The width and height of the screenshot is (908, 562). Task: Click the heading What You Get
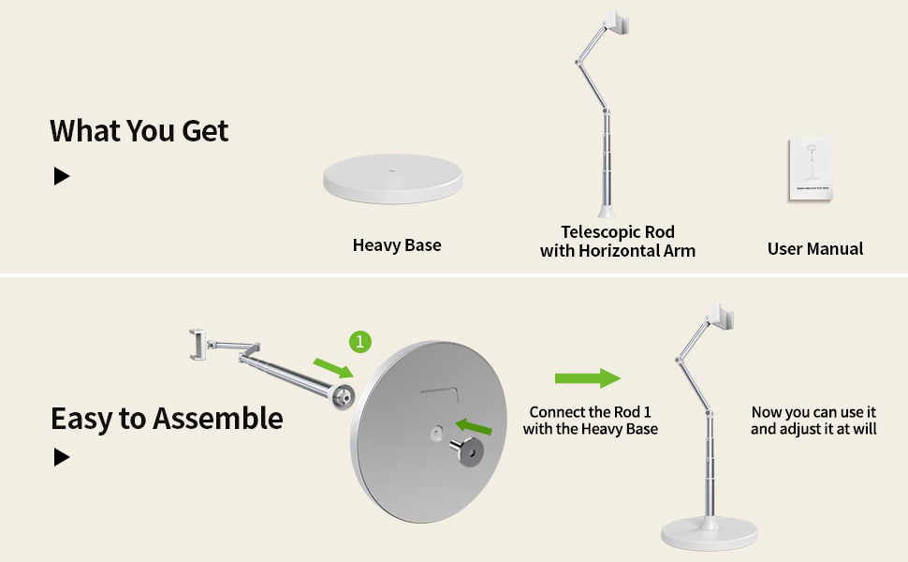click(139, 131)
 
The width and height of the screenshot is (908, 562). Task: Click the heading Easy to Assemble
click(166, 418)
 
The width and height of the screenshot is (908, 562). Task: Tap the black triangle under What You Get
click(62, 176)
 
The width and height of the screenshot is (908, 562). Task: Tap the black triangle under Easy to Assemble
click(62, 457)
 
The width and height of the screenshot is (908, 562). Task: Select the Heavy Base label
click(397, 245)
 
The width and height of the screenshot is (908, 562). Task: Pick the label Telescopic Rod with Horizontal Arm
click(618, 241)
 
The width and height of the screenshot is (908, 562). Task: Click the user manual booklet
click(811, 169)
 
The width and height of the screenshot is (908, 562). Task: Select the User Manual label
click(815, 248)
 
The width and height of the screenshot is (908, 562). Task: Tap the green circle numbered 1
click(359, 342)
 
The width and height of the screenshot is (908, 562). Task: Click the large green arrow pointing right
click(588, 378)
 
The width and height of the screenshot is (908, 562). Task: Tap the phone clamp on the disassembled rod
click(198, 344)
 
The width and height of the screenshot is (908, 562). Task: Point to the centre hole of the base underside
click(437, 432)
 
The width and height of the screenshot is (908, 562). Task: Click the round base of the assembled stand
click(709, 533)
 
